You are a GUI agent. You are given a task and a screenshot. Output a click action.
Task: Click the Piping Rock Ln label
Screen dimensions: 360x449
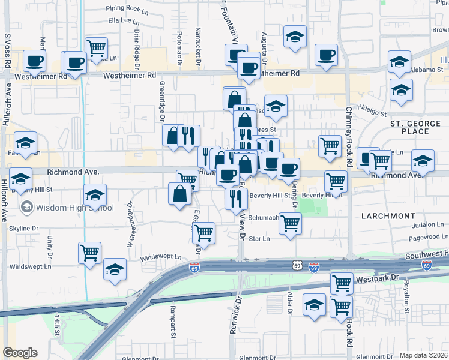click(x=127, y=10)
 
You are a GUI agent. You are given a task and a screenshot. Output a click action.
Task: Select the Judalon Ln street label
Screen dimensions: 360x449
click(x=428, y=226)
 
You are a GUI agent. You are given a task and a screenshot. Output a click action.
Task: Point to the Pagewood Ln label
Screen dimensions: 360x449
click(x=428, y=238)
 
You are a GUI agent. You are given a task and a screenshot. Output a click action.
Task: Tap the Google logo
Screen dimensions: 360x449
click(x=20, y=353)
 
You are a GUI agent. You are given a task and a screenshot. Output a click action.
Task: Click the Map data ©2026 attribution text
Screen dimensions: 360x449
click(x=423, y=355)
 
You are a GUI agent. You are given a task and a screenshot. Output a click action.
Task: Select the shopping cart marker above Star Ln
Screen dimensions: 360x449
click(x=291, y=224)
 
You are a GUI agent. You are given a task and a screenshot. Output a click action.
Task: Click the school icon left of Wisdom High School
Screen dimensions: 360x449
click(x=27, y=208)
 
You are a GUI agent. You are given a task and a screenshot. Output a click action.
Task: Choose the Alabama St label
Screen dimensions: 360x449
click(x=427, y=69)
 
